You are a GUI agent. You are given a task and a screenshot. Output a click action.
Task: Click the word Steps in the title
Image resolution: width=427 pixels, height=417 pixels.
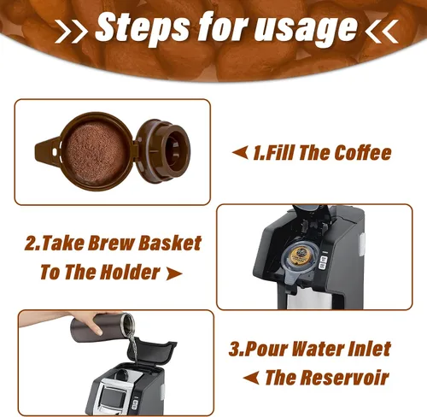click(x=142, y=27)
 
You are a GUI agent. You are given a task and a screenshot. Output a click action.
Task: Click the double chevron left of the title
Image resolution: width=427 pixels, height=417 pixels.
click(x=71, y=32)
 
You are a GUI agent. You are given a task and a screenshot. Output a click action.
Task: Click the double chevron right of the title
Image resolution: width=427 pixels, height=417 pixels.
click(x=382, y=32)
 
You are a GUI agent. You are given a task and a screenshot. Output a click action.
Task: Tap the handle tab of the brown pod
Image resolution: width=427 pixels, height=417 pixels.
click(x=47, y=151)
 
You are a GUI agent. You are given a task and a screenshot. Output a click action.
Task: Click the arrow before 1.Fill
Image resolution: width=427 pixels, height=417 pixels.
click(x=240, y=153)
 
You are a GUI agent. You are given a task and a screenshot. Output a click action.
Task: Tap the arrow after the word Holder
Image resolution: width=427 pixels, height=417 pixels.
click(x=174, y=273)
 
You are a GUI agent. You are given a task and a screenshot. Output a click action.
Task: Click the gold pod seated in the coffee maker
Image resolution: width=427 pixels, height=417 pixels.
click(x=299, y=255)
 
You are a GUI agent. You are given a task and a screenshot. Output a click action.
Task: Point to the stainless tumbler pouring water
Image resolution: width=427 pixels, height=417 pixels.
click(x=102, y=327)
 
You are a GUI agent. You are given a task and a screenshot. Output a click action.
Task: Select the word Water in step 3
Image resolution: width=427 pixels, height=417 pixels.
click(x=321, y=349)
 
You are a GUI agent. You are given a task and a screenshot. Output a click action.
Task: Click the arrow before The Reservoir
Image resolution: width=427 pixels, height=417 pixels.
click(x=251, y=378)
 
